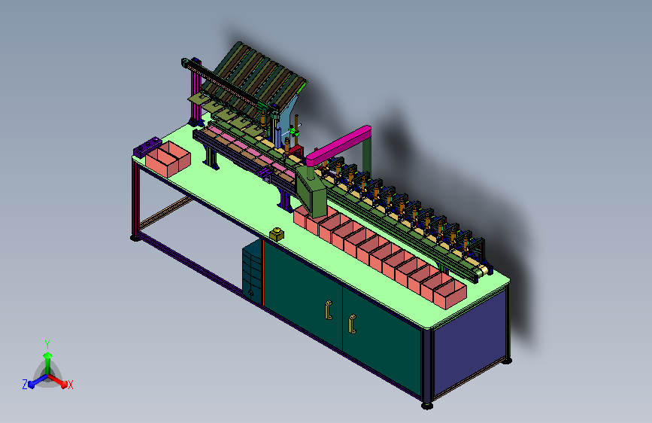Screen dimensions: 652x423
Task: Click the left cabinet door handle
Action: coord(329,310)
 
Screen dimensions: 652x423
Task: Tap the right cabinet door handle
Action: coord(353,324)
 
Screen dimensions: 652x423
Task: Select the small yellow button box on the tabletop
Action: coord(277,234)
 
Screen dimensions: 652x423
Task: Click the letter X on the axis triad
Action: coord(70,385)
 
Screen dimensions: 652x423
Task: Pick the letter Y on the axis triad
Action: coord(47,345)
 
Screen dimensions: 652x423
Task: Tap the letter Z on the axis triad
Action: coord(25,385)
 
